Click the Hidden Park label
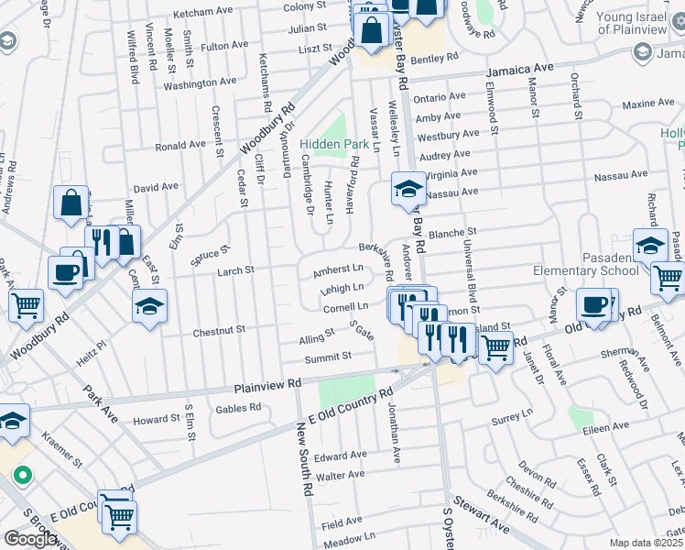pyautogui.click(x=334, y=145)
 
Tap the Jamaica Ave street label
pyautogui.click(x=520, y=69)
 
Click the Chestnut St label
pyautogui.click(x=219, y=329)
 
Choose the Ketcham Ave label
pyautogui.click(x=203, y=11)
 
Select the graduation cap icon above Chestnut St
pyautogui.click(x=150, y=305)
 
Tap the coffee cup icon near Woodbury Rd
pyautogui.click(x=65, y=271)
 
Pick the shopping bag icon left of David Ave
pyautogui.click(x=71, y=202)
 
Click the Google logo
pyautogui.click(x=29, y=539)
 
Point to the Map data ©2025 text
pyautogui.click(x=647, y=543)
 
